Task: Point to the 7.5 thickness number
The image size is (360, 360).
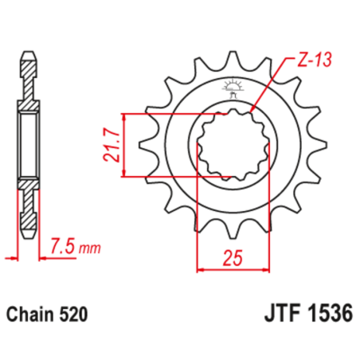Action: [60, 245]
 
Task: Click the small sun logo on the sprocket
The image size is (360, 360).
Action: [233, 85]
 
